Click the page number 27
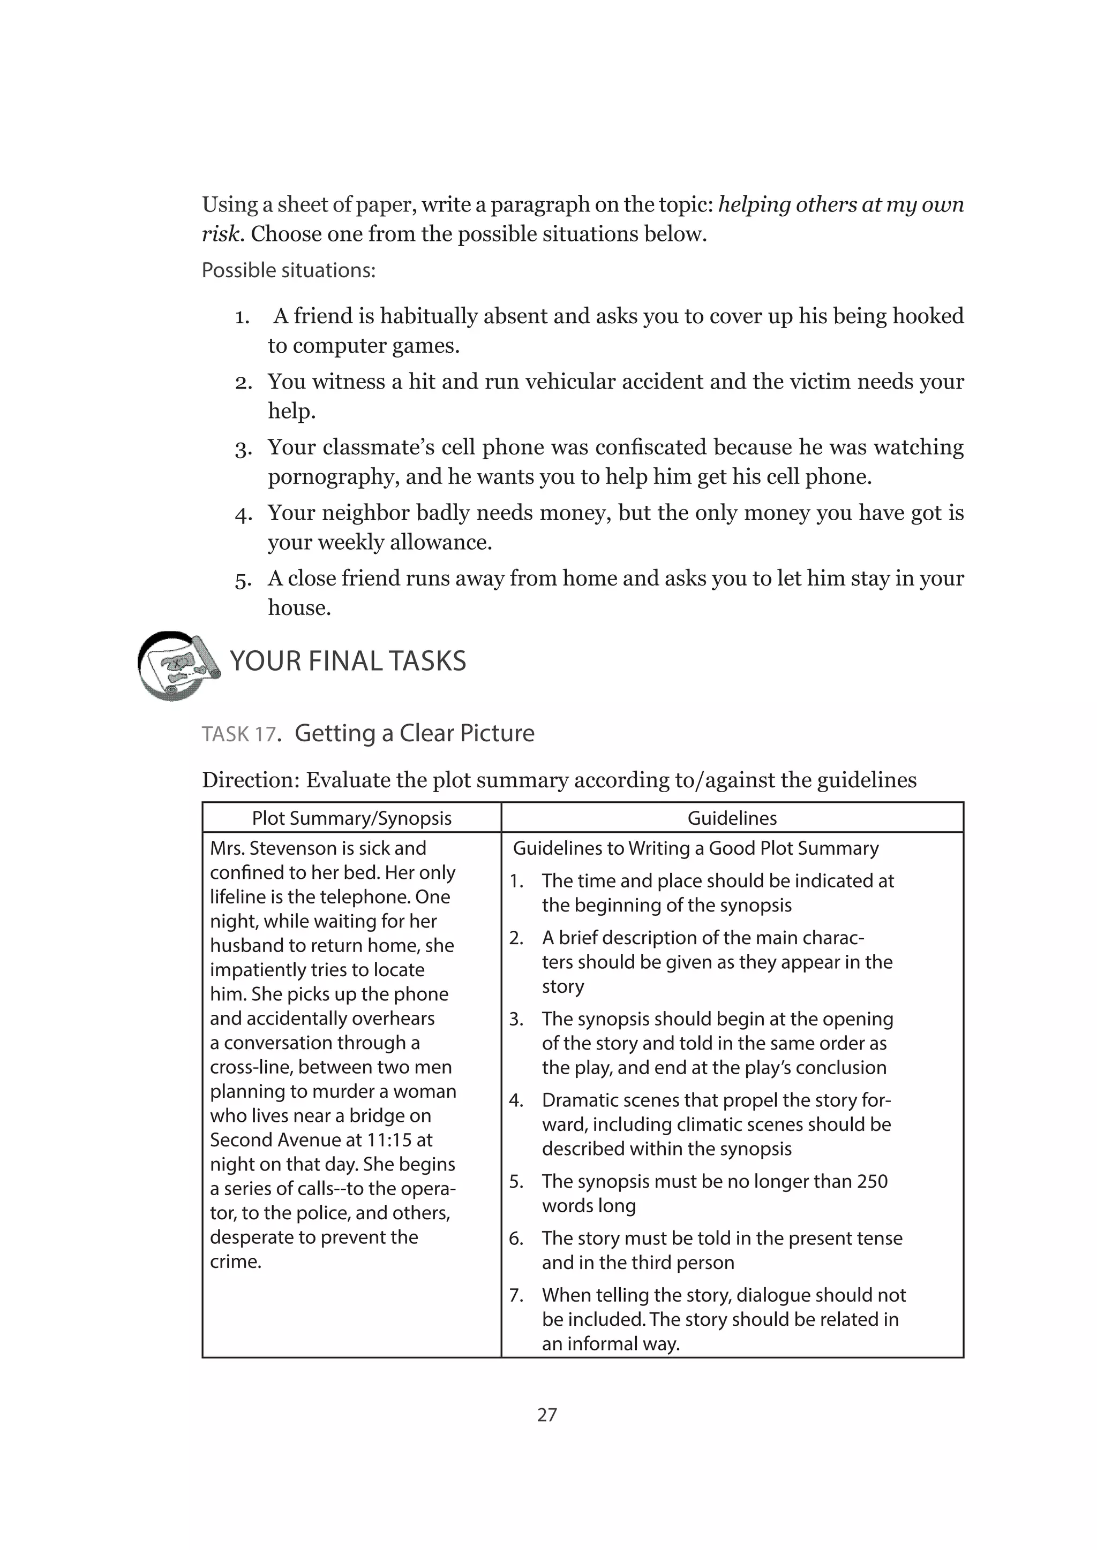[547, 1414]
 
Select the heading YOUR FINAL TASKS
[348, 661]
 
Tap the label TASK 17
[239, 734]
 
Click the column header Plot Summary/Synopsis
[351, 818]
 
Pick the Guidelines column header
[732, 818]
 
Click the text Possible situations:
[288, 271]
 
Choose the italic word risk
[220, 234]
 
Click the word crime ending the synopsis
[235, 1261]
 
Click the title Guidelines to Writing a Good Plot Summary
[696, 848]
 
